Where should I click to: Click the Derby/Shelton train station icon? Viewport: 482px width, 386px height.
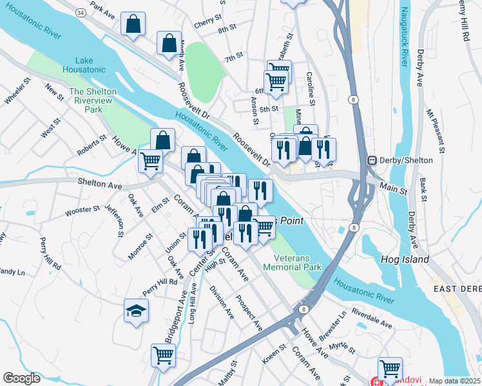pyautogui.click(x=371, y=160)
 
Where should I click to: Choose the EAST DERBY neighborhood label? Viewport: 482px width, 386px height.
pyautogui.click(x=458, y=289)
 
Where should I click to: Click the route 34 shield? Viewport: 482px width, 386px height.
pyautogui.click(x=80, y=12)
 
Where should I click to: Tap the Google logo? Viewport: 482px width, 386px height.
pyautogui.click(x=21, y=378)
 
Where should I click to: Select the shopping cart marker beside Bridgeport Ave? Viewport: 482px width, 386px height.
pyautogui.click(x=163, y=354)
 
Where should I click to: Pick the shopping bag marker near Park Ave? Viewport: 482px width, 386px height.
pyautogui.click(x=133, y=25)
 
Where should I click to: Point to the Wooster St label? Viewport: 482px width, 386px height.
pyautogui.click(x=82, y=210)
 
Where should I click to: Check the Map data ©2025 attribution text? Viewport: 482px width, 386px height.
pyautogui.click(x=454, y=381)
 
